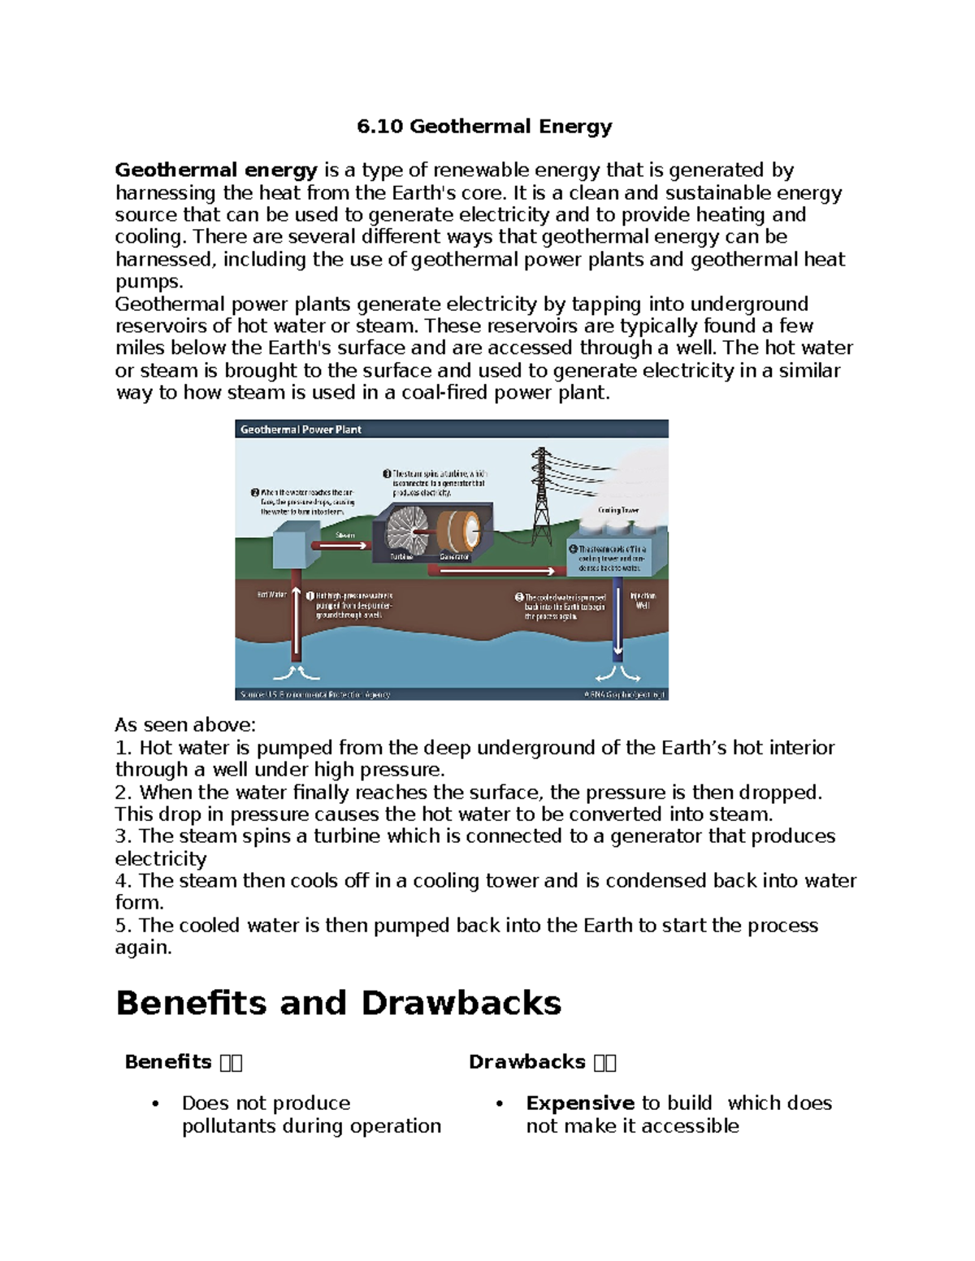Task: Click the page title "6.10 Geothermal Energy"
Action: click(484, 127)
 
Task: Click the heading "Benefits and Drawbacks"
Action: click(338, 1003)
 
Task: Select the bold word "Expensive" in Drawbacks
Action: click(579, 1103)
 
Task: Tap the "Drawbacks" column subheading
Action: click(526, 1062)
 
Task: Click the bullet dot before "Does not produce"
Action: click(156, 1103)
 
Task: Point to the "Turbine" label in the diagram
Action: click(401, 557)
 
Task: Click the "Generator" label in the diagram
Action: click(454, 557)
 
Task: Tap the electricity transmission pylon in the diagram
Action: click(541, 487)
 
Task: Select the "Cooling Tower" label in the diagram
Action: click(618, 510)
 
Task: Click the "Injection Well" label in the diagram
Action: click(643, 600)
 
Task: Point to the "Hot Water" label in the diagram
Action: click(272, 594)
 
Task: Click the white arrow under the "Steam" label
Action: click(342, 546)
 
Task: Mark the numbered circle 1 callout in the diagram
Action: click(310, 596)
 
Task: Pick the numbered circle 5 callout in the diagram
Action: click(519, 597)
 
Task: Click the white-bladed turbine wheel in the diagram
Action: click(405, 529)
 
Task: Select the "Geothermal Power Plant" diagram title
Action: click(301, 430)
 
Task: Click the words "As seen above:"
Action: click(185, 725)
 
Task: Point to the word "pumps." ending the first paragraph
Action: click(149, 282)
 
